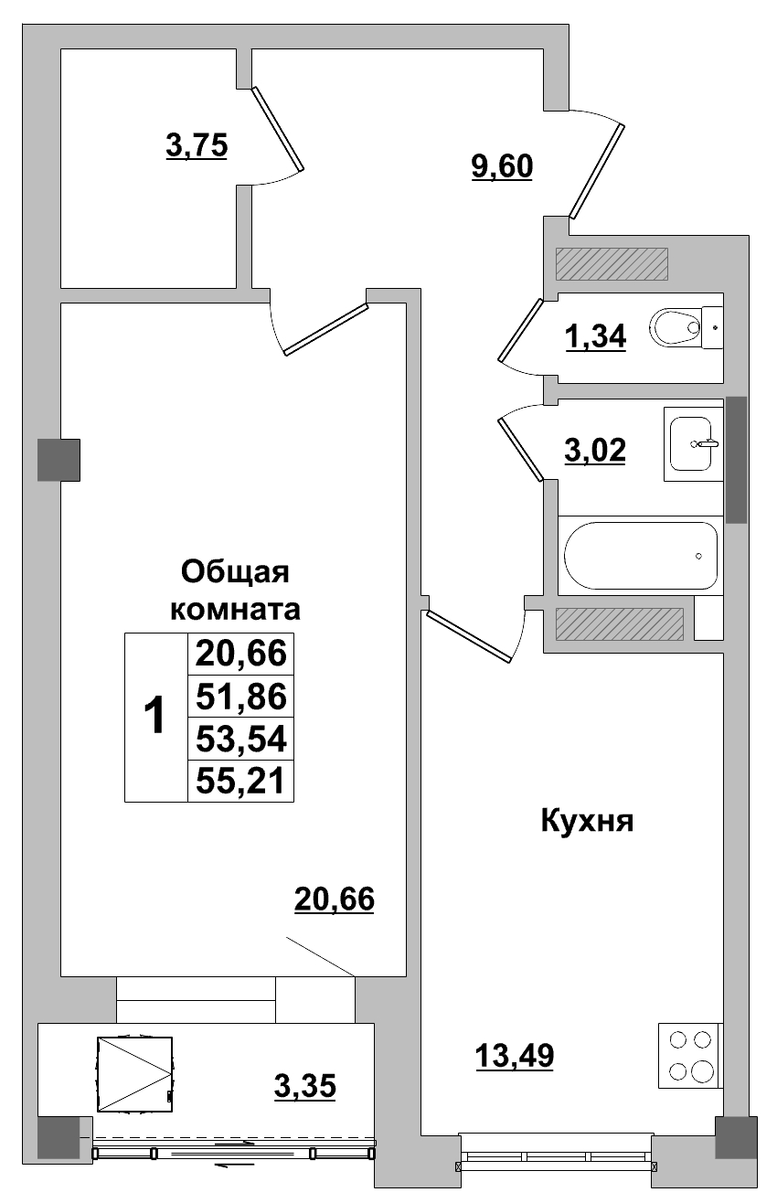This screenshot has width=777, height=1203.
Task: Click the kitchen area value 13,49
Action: pyautogui.click(x=514, y=1057)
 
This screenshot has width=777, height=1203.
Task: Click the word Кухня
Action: pyautogui.click(x=588, y=821)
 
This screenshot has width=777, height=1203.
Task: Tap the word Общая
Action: pyautogui.click(x=235, y=572)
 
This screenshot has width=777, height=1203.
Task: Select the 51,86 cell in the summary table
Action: pyautogui.click(x=241, y=697)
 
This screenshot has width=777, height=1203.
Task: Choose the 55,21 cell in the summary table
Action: pyautogui.click(x=241, y=781)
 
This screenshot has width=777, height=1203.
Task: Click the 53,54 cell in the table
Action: pyautogui.click(x=241, y=739)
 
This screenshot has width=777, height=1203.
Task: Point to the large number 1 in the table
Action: pyautogui.click(x=155, y=716)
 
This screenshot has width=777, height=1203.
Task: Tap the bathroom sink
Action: pyautogui.click(x=692, y=443)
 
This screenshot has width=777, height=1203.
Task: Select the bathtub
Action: pyautogui.click(x=641, y=556)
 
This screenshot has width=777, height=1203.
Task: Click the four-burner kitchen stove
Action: pyautogui.click(x=689, y=1056)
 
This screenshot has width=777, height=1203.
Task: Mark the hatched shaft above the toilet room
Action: pyautogui.click(x=612, y=264)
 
